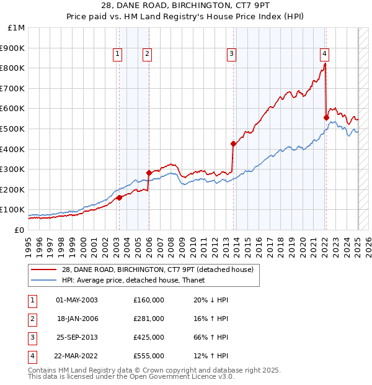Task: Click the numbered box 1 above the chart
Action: click(117, 55)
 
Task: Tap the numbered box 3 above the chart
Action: click(231, 55)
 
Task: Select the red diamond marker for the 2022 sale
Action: click(326, 117)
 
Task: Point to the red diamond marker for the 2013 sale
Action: click(233, 144)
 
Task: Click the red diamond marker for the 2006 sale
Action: click(149, 173)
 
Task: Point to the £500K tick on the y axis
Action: click(13, 129)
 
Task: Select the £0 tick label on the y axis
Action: click(19, 230)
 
